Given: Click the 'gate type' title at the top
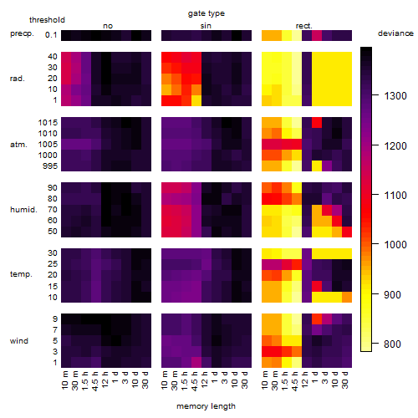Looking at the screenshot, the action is point(206,13).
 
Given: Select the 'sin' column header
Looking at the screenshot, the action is point(206,26).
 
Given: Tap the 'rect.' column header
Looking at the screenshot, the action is point(303,26).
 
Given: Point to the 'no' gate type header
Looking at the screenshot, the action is point(108,26).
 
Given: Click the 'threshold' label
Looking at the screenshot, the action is point(47,20).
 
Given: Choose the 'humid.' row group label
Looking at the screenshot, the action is point(23,210).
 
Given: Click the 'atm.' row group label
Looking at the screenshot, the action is point(18,145).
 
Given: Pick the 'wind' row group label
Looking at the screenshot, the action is point(19,341).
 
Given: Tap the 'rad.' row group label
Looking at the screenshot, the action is point(18,79).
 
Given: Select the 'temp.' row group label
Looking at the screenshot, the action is point(21,274).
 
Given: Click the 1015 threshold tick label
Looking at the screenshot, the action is point(48,123).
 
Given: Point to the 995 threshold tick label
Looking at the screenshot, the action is point(50,166).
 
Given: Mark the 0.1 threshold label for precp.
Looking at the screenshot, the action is point(51,35).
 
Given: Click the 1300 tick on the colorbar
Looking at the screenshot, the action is point(395,96).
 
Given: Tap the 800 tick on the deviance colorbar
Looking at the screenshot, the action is point(392,344).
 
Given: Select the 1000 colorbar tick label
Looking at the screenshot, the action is point(395,245).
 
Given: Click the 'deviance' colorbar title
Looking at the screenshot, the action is point(395,33).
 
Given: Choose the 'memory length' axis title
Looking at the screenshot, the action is point(206,406).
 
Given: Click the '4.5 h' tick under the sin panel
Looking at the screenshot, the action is point(195,381).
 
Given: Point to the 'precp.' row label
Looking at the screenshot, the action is point(22,33).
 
